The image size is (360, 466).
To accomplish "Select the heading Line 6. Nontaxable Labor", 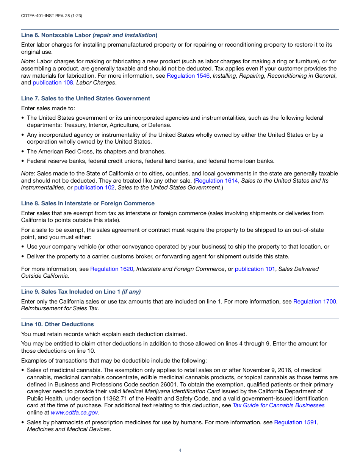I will [x=89, y=35].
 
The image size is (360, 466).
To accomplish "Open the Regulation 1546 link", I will [x=188, y=76].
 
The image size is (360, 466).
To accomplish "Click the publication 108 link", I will [x=53, y=83].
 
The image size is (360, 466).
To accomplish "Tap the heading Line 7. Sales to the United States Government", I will [x=86, y=99].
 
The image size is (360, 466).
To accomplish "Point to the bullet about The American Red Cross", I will [x=96, y=151].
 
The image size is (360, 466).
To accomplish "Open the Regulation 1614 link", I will [x=217, y=181].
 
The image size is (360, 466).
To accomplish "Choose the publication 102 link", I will [x=94, y=188].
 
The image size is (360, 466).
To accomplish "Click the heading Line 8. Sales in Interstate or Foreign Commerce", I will [x=88, y=203].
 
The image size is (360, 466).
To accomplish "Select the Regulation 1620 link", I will [x=111, y=269].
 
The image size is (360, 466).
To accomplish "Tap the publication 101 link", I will [x=255, y=269].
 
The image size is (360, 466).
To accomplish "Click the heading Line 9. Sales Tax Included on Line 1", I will [x=81, y=292].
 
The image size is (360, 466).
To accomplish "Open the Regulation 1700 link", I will [x=315, y=302].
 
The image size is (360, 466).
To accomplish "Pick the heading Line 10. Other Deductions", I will [x=58, y=324].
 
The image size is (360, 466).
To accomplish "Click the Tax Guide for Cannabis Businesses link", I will [x=279, y=405].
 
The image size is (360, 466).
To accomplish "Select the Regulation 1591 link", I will [x=295, y=422].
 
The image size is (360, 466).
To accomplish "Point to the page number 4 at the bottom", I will [x=180, y=450].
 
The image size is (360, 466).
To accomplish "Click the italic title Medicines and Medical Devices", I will [x=68, y=429].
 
